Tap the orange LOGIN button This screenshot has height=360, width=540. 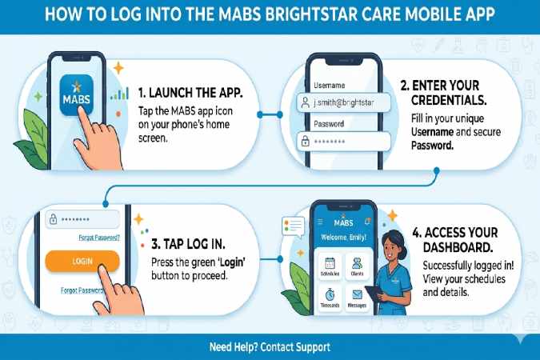(x=82, y=261)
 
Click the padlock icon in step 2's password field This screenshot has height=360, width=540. (x=305, y=141)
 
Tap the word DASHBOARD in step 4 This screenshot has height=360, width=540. (x=458, y=250)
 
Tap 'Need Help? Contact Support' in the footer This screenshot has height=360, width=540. (x=270, y=347)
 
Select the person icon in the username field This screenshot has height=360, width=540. (x=305, y=102)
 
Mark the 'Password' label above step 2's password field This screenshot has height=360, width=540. (x=329, y=124)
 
